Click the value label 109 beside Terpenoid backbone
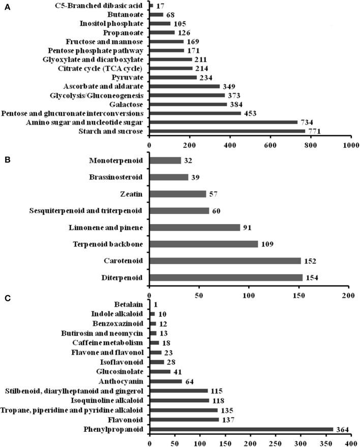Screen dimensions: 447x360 coord(267,244)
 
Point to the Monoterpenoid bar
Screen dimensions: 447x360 coord(165,161)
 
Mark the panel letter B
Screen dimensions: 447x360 coord(5,153)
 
